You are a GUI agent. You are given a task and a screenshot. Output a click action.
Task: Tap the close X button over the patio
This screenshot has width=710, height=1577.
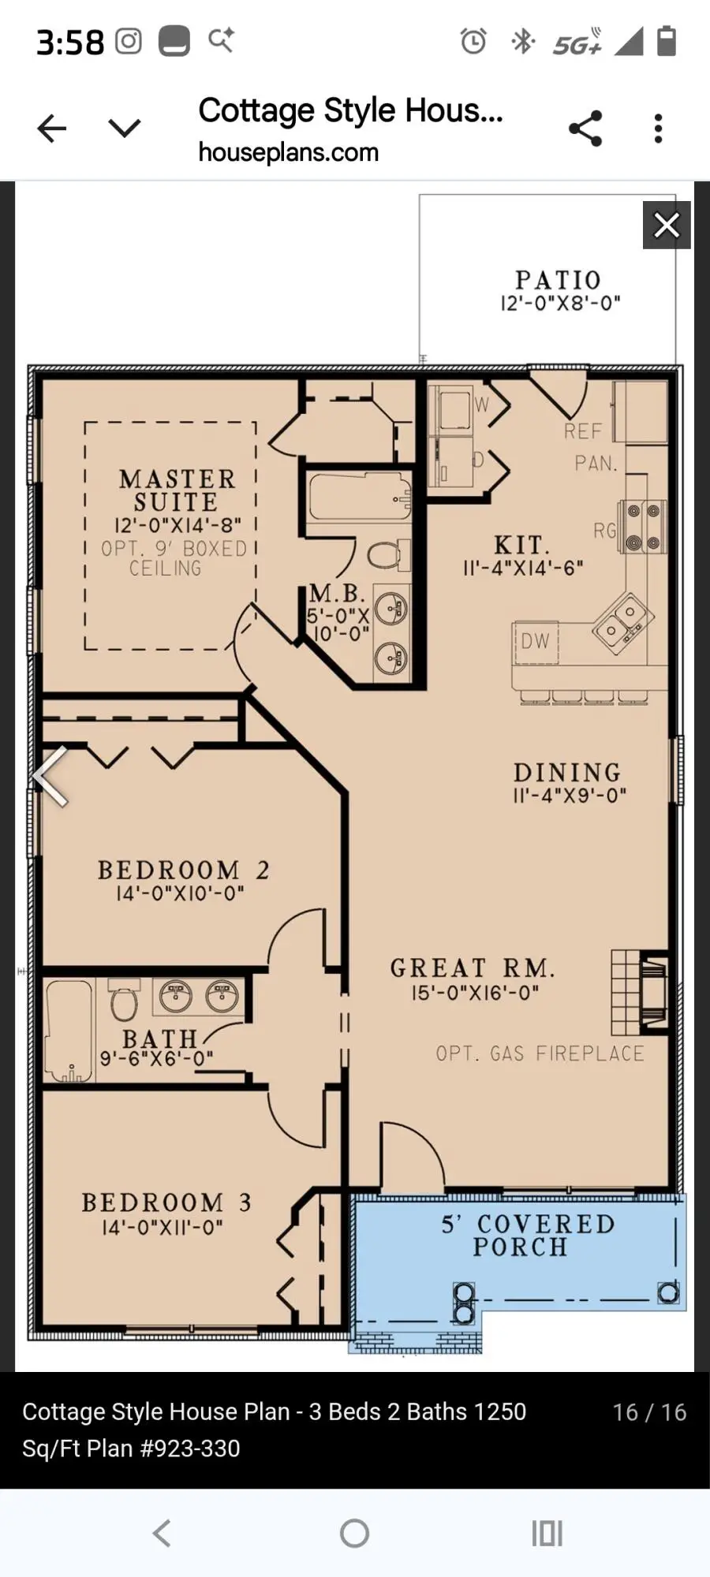tap(667, 226)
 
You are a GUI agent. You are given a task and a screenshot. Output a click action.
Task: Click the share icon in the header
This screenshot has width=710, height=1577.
tap(585, 129)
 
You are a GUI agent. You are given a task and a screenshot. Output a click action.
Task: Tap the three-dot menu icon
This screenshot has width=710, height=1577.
tap(658, 129)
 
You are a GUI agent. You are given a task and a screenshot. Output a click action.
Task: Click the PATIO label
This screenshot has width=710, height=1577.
tap(559, 280)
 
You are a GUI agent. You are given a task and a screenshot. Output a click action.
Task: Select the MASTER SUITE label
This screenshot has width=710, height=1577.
tap(177, 490)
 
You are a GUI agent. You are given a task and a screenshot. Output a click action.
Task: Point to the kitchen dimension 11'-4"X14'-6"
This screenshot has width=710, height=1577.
tap(523, 568)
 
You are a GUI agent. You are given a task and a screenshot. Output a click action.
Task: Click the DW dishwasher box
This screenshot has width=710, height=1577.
tap(535, 641)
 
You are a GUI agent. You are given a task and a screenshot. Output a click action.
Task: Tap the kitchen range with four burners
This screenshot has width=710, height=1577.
tap(642, 527)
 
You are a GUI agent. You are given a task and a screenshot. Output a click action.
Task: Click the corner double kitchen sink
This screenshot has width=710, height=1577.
tap(622, 621)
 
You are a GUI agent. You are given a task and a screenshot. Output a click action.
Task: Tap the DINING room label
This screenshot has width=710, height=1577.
tap(567, 772)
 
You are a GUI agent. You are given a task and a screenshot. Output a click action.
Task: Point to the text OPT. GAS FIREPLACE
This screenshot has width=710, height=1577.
tap(540, 1053)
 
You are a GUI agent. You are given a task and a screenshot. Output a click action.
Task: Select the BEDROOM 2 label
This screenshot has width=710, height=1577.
tap(183, 870)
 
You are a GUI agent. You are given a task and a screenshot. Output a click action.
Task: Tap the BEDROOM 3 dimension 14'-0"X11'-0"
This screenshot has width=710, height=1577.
tap(163, 1227)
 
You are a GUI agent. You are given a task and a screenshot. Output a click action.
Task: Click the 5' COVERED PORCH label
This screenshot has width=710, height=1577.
tap(527, 1235)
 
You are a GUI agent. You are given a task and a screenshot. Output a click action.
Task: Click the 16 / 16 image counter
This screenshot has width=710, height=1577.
tap(649, 1412)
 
